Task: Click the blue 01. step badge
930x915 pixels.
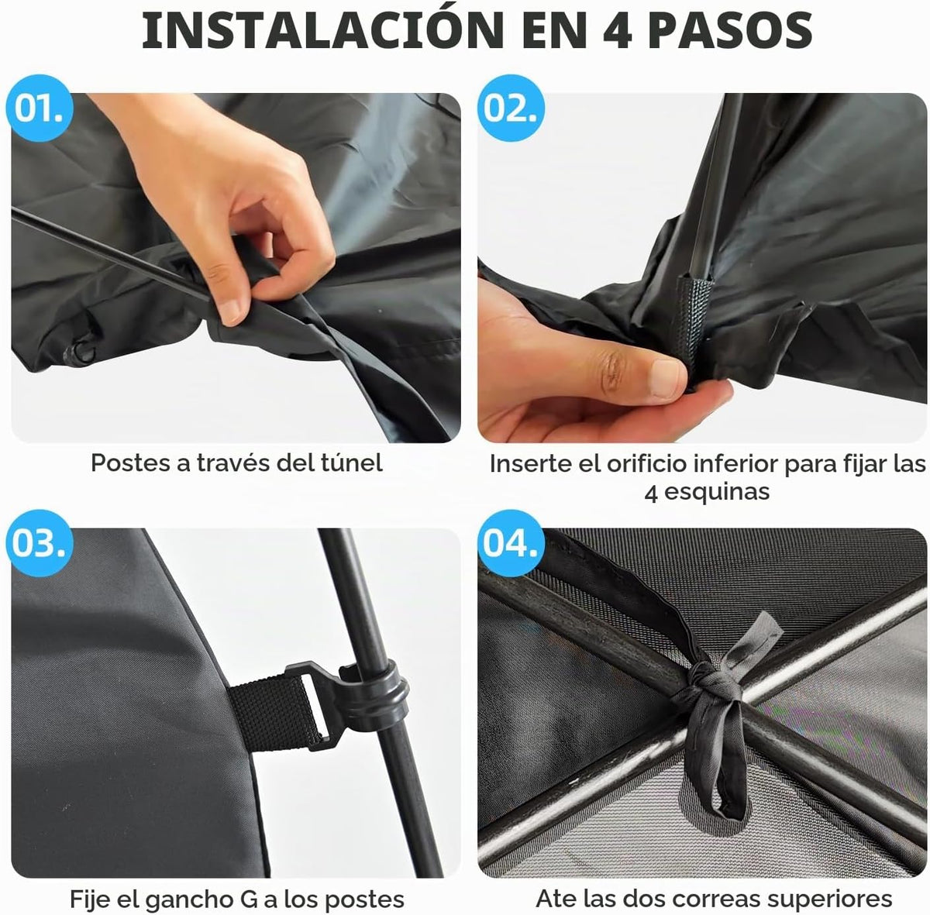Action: [x=40, y=108]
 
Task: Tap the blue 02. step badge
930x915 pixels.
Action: [x=511, y=108]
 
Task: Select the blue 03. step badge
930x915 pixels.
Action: [x=40, y=543]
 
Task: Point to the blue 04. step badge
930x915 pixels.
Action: [x=511, y=543]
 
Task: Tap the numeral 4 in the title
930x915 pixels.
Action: [x=618, y=31]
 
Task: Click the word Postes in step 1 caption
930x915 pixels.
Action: [x=130, y=463]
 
